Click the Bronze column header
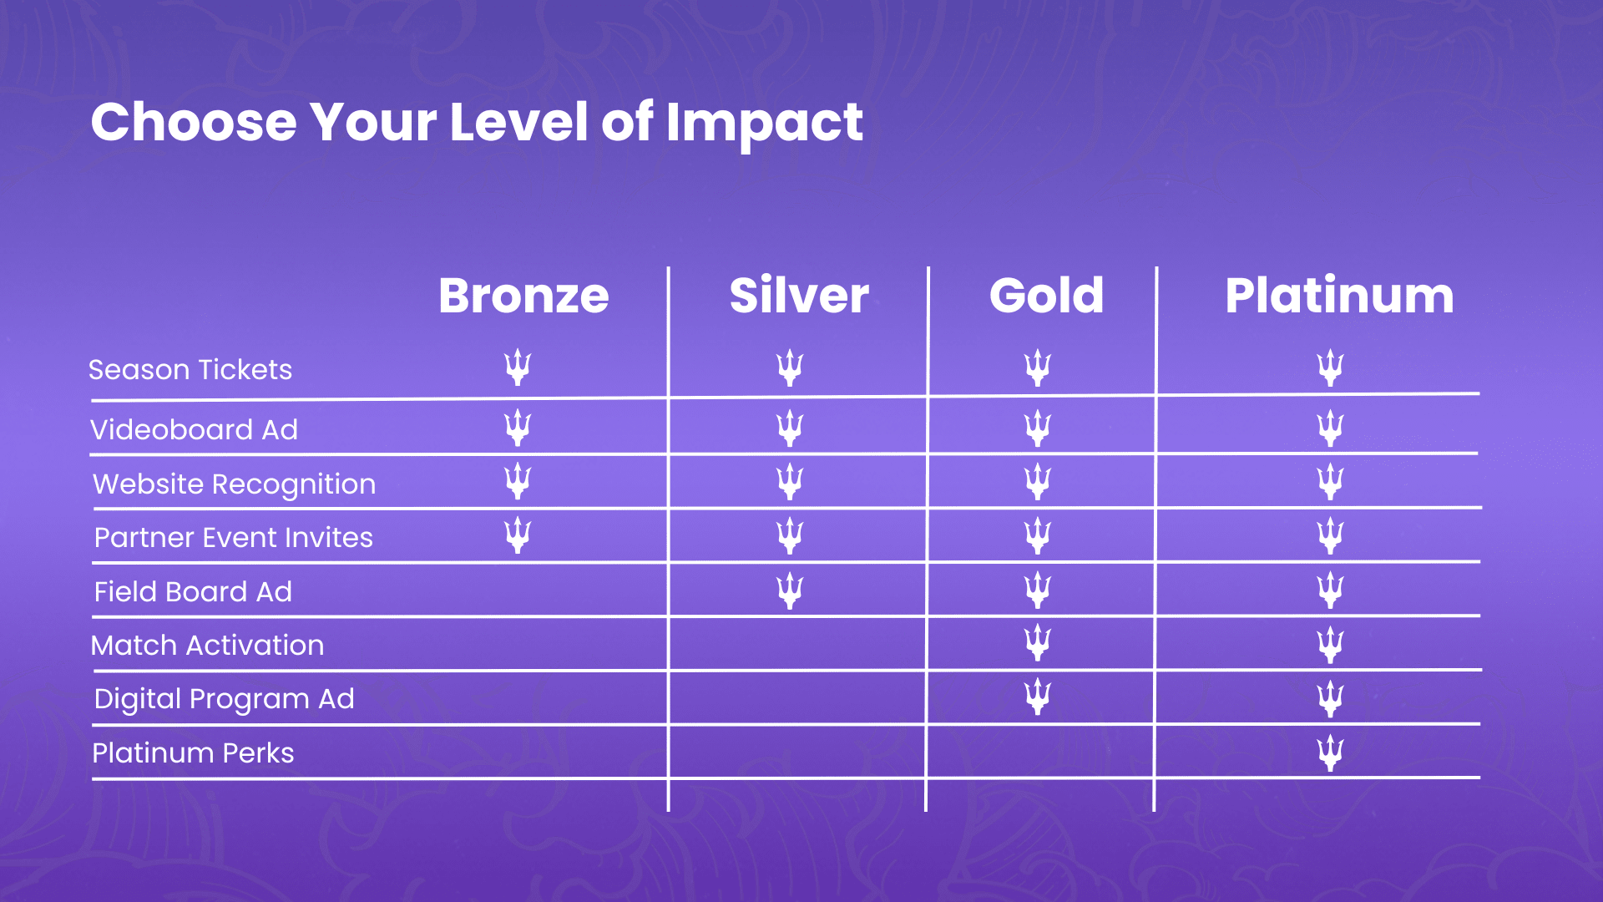(x=523, y=296)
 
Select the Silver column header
(x=799, y=296)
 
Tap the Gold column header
(x=1046, y=296)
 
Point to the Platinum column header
(x=1339, y=296)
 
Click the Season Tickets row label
(x=190, y=370)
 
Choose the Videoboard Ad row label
(x=194, y=430)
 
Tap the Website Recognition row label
(x=235, y=484)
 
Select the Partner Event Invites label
(x=234, y=538)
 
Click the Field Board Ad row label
(x=193, y=592)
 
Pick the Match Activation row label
(x=207, y=646)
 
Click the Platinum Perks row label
(x=193, y=753)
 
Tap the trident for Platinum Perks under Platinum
(x=1330, y=753)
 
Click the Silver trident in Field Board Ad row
(x=789, y=590)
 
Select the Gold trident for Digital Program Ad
(x=1037, y=697)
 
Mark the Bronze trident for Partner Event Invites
(x=518, y=535)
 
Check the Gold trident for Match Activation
(x=1037, y=643)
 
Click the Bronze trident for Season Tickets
(x=518, y=367)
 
